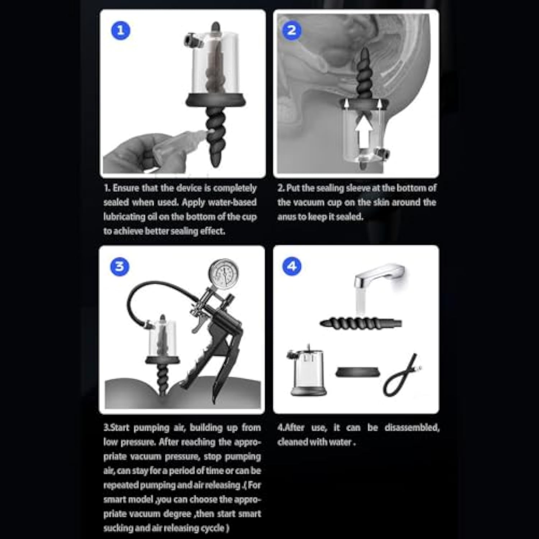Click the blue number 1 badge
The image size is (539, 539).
(121, 30)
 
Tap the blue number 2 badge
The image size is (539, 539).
(292, 30)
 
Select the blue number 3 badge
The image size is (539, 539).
(120, 267)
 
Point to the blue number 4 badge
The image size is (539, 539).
(292, 267)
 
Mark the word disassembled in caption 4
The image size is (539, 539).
(412, 428)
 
